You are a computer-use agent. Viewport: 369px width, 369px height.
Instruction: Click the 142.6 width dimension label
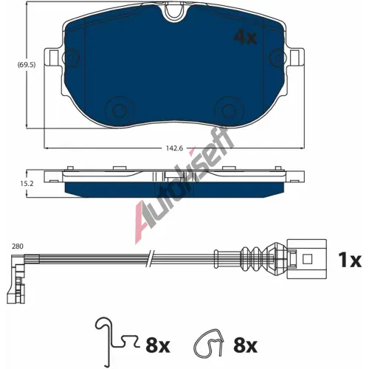pyautogui.click(x=174, y=148)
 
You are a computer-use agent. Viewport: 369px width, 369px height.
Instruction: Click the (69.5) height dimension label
pyautogui.click(x=27, y=65)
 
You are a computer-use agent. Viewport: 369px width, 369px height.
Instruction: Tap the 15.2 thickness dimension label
pyautogui.click(x=27, y=184)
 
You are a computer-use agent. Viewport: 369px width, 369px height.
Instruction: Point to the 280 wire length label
pyautogui.click(x=18, y=246)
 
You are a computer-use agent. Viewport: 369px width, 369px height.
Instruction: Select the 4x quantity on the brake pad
pyautogui.click(x=245, y=37)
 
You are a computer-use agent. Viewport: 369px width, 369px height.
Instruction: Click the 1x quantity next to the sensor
pyautogui.click(x=350, y=260)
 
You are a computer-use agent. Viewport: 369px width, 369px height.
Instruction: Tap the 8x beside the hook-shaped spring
pyautogui.click(x=158, y=345)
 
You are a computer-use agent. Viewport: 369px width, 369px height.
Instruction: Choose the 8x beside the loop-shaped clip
pyautogui.click(x=245, y=345)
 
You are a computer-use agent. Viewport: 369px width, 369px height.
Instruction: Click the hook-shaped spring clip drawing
pyautogui.click(x=108, y=339)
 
